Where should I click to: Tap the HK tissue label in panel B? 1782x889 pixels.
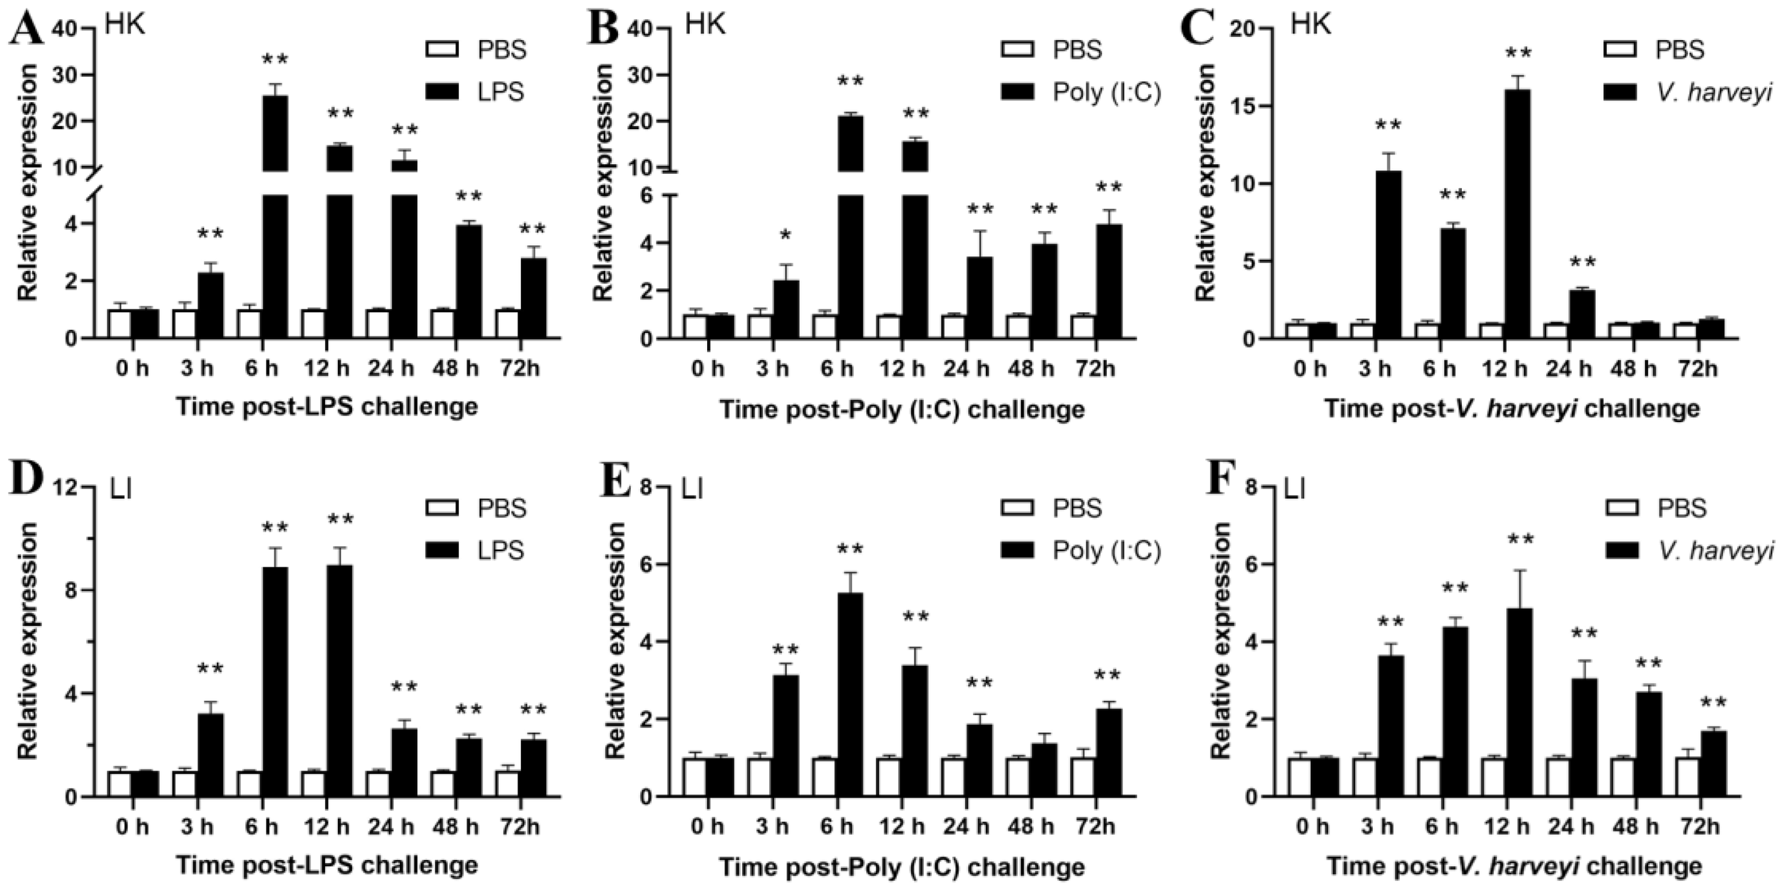pyautogui.click(x=705, y=24)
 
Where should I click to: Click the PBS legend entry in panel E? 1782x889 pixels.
pyautogui.click(x=1051, y=509)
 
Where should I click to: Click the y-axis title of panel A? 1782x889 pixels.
pyautogui.click(x=27, y=182)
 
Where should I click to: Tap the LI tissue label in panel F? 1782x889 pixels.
pyautogui.click(x=1294, y=490)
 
